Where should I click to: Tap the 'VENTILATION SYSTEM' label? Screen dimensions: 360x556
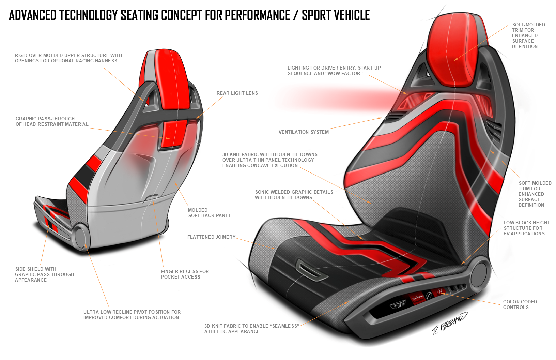[304, 132]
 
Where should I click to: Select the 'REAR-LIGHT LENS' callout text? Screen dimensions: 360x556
[237, 93]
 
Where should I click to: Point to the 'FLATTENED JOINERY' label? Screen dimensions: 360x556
[211, 237]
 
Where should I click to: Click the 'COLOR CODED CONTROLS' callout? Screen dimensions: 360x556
[520, 304]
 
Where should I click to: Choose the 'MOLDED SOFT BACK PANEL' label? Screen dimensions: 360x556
[210, 213]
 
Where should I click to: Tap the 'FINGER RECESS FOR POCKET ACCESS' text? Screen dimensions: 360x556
[185, 274]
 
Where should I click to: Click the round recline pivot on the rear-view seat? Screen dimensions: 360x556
[81, 237]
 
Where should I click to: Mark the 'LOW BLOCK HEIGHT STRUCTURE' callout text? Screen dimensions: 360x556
[526, 228]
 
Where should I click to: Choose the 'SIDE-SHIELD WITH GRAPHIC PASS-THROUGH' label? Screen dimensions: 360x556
[44, 274]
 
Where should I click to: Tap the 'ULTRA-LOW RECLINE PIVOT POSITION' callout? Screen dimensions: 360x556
[132, 315]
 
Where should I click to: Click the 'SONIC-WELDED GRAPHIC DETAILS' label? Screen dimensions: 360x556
[294, 195]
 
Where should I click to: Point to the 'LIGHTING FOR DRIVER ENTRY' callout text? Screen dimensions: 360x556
[334, 71]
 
